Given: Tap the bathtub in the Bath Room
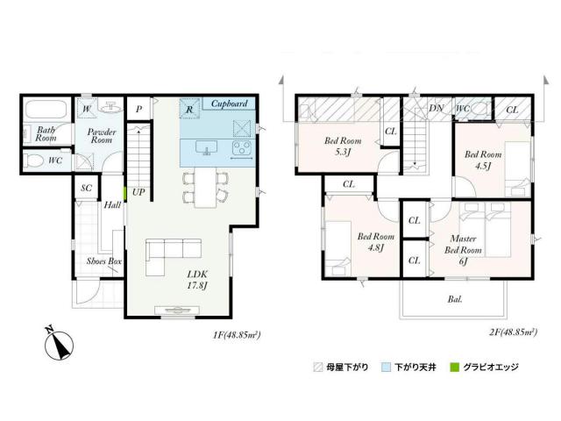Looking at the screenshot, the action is (x=46, y=109).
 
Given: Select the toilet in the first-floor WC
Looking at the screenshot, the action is (x=34, y=161).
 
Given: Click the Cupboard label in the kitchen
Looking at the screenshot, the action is (x=230, y=103).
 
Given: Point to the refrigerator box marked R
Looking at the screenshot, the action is (x=189, y=108).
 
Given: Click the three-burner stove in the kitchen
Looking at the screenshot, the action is (x=242, y=147).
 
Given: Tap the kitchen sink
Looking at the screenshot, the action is (x=207, y=147).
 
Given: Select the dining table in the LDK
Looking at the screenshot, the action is (x=206, y=187).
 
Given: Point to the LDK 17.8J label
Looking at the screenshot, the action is (x=197, y=280).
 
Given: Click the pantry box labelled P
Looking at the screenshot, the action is (x=139, y=109).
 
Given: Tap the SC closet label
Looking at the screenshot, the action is (x=86, y=188).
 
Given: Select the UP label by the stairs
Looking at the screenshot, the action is (x=138, y=192).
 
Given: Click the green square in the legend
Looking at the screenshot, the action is (x=454, y=367).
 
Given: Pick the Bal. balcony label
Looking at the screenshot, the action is (x=455, y=299).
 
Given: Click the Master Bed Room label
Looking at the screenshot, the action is (x=463, y=244).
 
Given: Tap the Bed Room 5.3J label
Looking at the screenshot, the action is (x=343, y=146).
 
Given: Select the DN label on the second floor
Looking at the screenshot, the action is (x=437, y=108).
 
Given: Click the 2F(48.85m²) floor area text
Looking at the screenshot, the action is (x=513, y=332).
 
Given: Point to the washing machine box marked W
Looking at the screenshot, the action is (x=87, y=108).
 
